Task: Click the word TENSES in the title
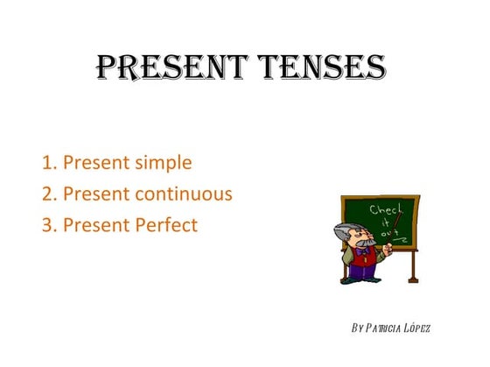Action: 323,67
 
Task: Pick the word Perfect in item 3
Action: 165,225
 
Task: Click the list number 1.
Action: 47,163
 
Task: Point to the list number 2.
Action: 47,194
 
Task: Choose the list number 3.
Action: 47,225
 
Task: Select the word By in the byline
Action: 356,328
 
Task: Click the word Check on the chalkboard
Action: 386,211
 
